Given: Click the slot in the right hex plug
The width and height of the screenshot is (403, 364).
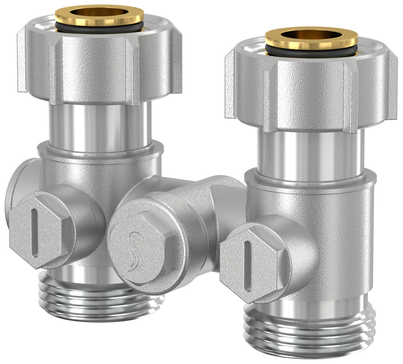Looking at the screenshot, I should (x=248, y=265).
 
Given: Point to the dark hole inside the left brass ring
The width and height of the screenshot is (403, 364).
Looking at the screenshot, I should (x=99, y=13).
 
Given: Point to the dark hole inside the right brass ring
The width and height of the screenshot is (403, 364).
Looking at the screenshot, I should (x=311, y=36).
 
